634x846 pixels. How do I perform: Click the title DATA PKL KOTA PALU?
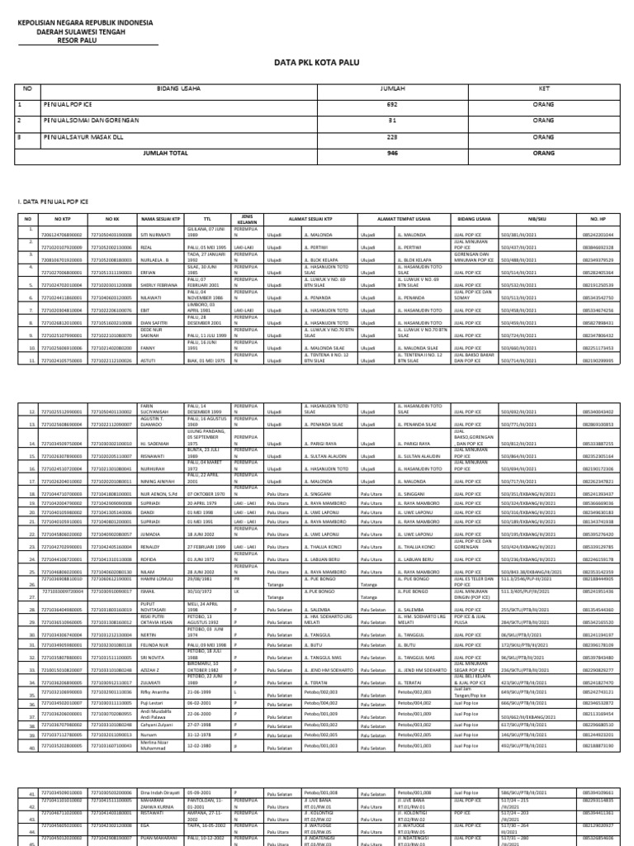(x=317, y=61)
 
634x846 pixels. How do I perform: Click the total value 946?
(x=393, y=153)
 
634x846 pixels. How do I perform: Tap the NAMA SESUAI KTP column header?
(x=160, y=220)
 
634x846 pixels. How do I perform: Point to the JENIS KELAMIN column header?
(x=244, y=219)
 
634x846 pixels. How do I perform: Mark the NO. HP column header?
(x=597, y=220)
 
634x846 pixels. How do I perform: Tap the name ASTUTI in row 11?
(x=149, y=362)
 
